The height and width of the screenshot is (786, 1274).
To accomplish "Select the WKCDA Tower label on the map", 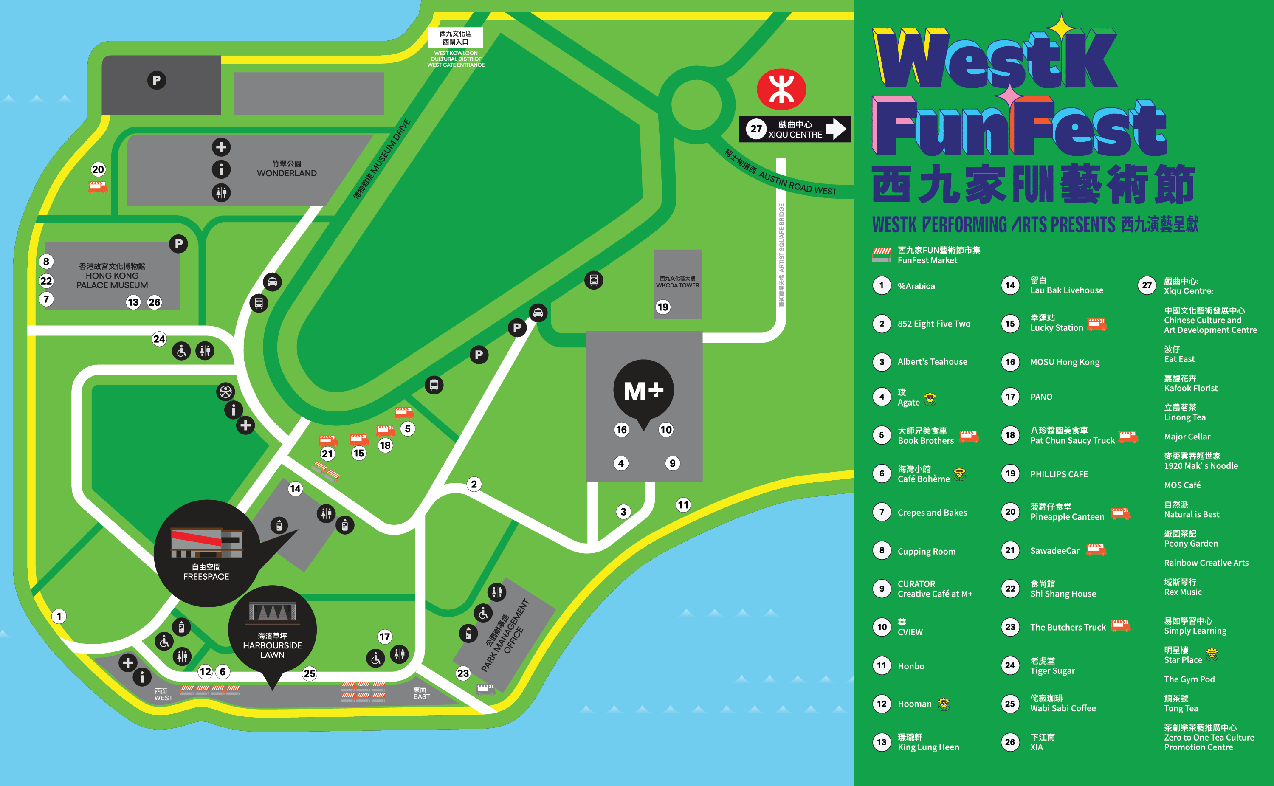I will (677, 282).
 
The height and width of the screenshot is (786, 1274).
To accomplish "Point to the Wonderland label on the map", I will (286, 169).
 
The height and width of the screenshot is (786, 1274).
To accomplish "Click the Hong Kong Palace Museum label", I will (112, 276).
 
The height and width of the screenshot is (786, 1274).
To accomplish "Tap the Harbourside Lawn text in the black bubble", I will (272, 645).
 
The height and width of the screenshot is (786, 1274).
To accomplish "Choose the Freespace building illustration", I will (206, 542).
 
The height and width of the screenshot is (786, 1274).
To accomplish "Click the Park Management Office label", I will (505, 635).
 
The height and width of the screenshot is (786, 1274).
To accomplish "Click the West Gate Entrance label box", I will (455, 37).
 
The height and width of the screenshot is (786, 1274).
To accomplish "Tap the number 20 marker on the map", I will (98, 169).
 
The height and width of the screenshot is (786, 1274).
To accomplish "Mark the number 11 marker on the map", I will (683, 505).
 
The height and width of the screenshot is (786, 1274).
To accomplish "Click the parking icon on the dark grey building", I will (156, 80).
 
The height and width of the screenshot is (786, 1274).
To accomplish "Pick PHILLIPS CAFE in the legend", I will (1059, 474).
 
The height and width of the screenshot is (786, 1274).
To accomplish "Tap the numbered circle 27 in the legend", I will (1147, 285).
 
